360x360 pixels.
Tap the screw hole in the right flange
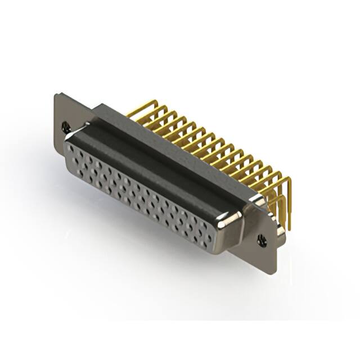tap(262, 240)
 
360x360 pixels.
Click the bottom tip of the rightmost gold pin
tap(289, 228)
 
